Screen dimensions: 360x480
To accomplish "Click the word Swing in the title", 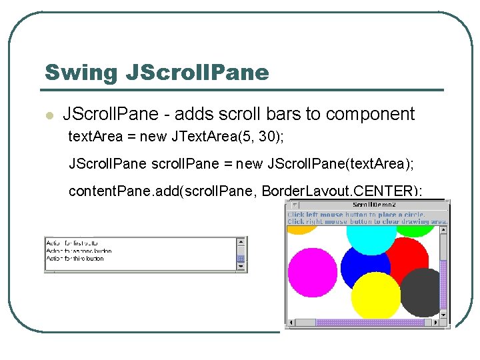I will tap(81, 72).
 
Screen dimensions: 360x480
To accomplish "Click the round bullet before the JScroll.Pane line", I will tap(49, 115).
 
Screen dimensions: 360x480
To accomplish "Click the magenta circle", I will tap(312, 273).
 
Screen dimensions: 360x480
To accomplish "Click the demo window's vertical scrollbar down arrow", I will tap(443, 313).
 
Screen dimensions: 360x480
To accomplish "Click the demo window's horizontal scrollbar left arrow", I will tap(291, 323).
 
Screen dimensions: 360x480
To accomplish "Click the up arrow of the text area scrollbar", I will tap(241, 241).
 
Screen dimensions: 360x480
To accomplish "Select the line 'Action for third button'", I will tap(75, 259).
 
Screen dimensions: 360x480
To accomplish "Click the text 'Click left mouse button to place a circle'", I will tap(356, 215).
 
